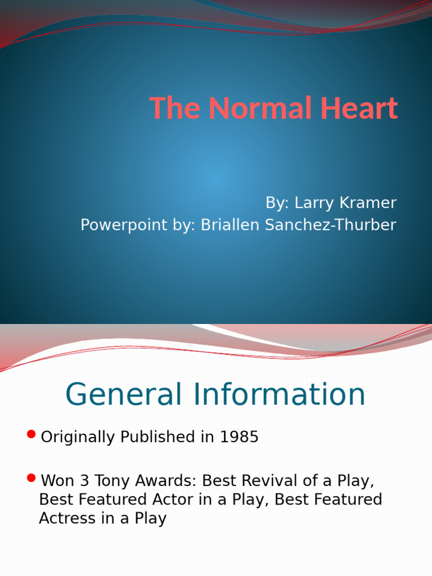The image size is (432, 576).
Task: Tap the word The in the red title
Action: coord(174,109)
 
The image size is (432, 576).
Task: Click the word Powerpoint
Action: coord(117,225)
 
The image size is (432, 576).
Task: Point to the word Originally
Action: coord(78,437)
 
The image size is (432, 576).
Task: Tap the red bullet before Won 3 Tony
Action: coord(31,479)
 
